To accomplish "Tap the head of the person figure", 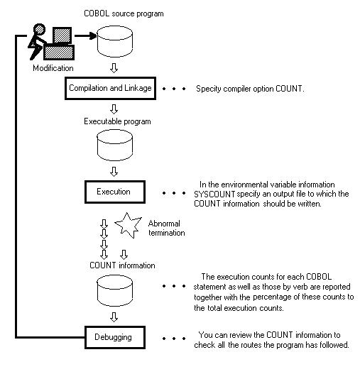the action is [39, 30].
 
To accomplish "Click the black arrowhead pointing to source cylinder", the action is [93, 35].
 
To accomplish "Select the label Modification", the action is [53, 68].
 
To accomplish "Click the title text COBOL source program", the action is [124, 13].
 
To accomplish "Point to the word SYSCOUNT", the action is [214, 194].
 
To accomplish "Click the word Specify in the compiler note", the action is [209, 89].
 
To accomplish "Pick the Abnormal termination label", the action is [167, 228].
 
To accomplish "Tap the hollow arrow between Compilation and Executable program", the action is [114, 109].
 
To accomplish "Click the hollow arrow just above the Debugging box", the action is [114, 317].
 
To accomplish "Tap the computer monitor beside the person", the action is [62, 35].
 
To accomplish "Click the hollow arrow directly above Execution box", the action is [114, 172].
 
